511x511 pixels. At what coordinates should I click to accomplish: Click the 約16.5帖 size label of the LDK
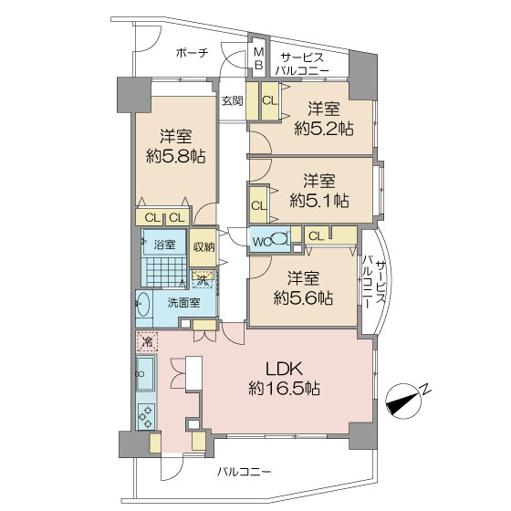tap(284, 389)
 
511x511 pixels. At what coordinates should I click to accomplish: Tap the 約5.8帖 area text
tap(176, 157)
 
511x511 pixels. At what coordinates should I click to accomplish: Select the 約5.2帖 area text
tap(324, 129)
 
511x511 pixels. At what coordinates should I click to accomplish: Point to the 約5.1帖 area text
tap(319, 201)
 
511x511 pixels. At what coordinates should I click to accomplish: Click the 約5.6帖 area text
tap(303, 297)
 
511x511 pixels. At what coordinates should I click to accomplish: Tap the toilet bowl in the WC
tap(279, 239)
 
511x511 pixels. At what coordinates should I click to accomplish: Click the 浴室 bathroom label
tap(164, 245)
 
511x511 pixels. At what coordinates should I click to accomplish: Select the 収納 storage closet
tap(203, 247)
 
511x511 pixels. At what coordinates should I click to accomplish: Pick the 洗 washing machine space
tap(203, 279)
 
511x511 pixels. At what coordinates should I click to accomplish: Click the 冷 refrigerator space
tap(147, 341)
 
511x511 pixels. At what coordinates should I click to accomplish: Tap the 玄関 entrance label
tap(233, 100)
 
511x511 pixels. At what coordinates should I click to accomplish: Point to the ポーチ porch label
tap(192, 53)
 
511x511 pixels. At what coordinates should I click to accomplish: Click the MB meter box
tap(259, 59)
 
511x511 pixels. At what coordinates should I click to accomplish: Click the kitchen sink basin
tap(145, 373)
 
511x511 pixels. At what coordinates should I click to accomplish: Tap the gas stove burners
tap(146, 416)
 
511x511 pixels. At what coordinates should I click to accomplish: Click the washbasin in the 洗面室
tap(142, 304)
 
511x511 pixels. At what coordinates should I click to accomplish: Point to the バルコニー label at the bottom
tap(245, 472)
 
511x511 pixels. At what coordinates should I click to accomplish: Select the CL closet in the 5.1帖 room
tap(259, 205)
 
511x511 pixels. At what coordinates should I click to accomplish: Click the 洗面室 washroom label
tap(183, 303)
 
